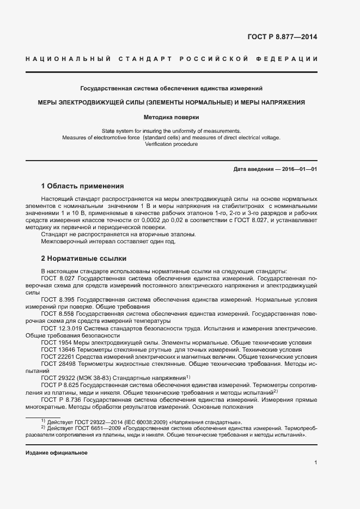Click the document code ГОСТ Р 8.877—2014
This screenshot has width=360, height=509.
(x=283, y=38)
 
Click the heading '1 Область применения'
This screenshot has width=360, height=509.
(x=82, y=186)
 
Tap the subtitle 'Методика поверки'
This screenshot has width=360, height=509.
(x=172, y=117)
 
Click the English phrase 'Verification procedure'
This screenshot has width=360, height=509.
(x=172, y=144)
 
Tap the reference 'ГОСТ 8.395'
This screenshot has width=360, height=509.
(x=57, y=299)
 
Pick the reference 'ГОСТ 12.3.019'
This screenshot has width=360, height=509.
(x=61, y=328)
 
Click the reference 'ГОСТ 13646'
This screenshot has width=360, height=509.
(x=58, y=349)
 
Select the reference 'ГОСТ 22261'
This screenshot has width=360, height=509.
(x=58, y=357)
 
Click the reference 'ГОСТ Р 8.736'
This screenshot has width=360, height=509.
(x=61, y=399)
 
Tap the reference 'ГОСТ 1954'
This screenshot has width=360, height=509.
(x=56, y=342)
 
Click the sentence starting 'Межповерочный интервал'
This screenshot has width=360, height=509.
(x=108, y=241)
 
